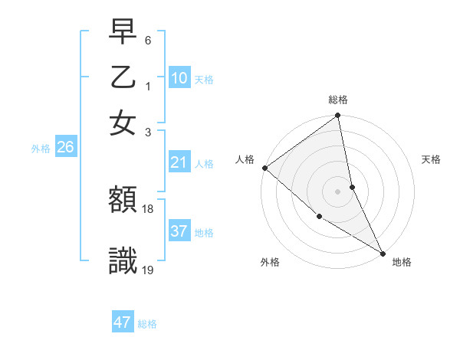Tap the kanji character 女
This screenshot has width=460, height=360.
click(x=123, y=123)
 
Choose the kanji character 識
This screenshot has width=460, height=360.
click(x=123, y=261)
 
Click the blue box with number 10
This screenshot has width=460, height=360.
click(x=179, y=78)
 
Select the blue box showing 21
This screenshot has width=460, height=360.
click(x=179, y=162)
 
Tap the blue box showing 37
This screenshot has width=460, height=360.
click(x=179, y=231)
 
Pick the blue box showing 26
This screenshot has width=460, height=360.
click(x=65, y=148)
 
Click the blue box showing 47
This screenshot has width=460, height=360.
click(x=123, y=322)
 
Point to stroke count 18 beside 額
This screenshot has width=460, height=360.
click(x=148, y=208)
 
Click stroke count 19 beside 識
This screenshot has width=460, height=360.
click(x=148, y=269)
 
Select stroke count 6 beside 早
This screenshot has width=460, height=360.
click(x=148, y=40)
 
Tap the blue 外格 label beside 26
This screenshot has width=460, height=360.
click(x=40, y=149)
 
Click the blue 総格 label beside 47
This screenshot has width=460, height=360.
click(x=147, y=324)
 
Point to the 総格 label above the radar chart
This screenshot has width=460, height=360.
click(x=338, y=100)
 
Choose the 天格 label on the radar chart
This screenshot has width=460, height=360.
click(x=431, y=159)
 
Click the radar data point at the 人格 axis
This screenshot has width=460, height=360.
click(x=264, y=168)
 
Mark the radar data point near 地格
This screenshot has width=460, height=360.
click(x=381, y=251)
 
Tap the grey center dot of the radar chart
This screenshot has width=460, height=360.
click(x=338, y=191)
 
